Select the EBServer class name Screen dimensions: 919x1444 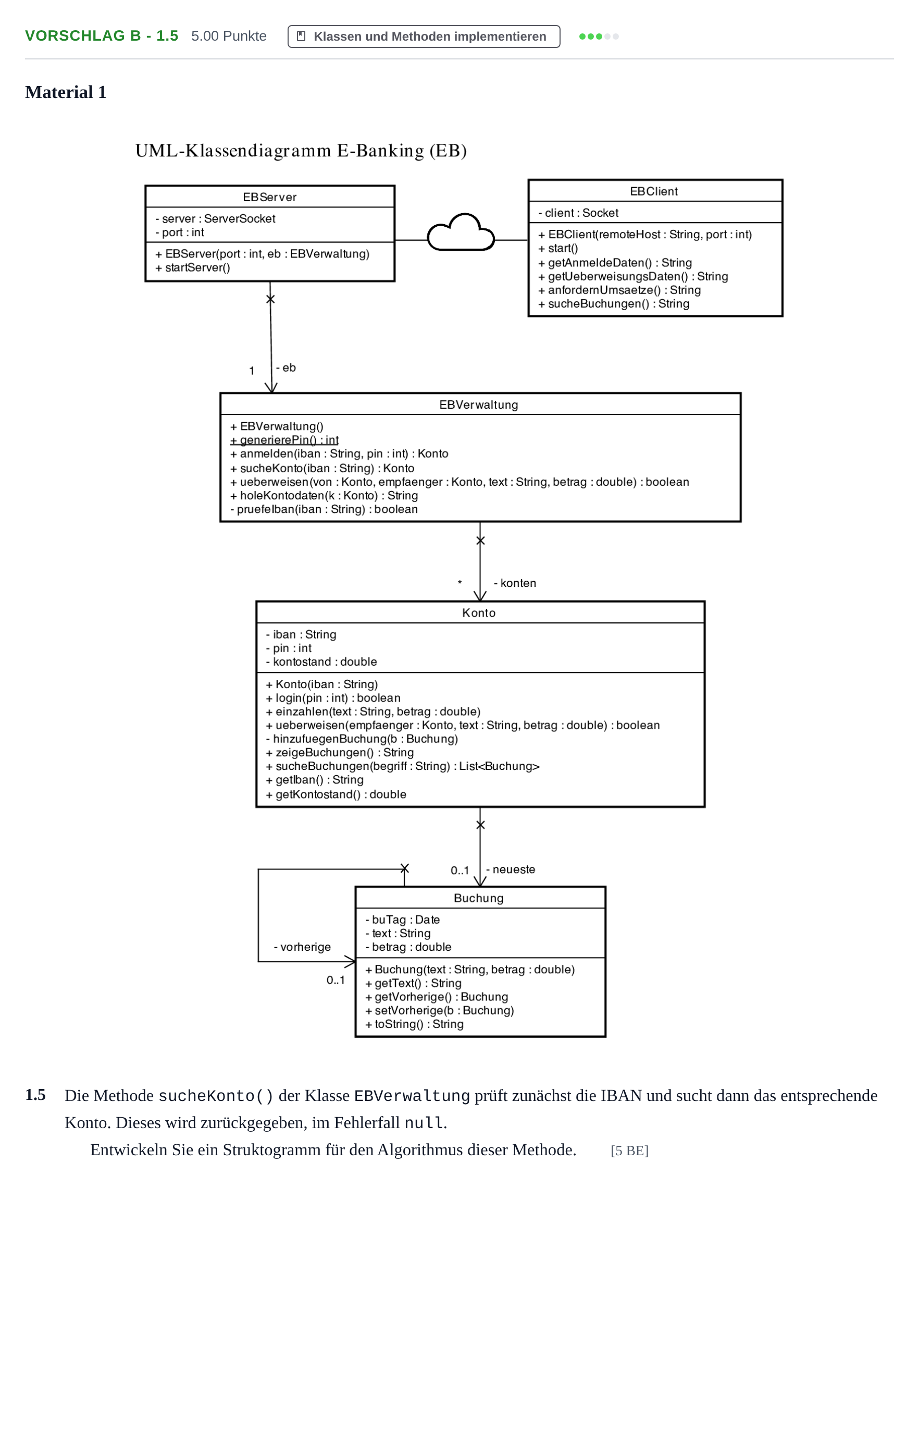click(x=270, y=197)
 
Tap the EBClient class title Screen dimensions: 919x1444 click(x=653, y=191)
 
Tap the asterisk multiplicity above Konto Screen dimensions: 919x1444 click(x=460, y=583)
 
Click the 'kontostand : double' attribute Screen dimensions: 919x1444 click(x=321, y=662)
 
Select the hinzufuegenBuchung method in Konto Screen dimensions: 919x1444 click(x=362, y=739)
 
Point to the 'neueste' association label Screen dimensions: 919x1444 click(x=510, y=870)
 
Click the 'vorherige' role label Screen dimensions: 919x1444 click(x=302, y=947)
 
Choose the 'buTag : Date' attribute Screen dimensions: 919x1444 click(x=402, y=919)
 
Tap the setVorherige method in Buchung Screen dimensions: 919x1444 click(x=439, y=1010)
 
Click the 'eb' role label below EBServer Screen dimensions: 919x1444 click(x=286, y=368)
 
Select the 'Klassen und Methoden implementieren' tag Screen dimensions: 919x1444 click(x=424, y=36)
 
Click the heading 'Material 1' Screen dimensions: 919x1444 click(x=66, y=92)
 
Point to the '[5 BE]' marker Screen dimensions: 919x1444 click(x=629, y=1151)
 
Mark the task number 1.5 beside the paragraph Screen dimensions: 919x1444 click(x=35, y=1095)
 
